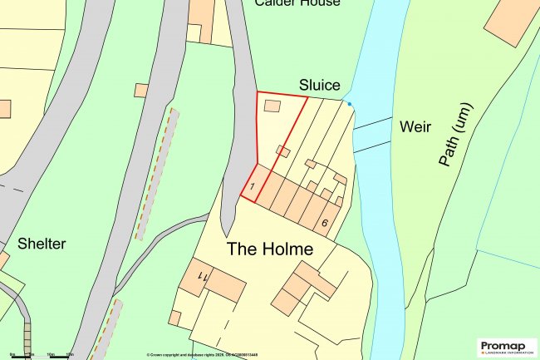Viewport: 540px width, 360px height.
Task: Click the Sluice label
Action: coord(319,85)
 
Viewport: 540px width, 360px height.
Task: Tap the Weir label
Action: coord(415,126)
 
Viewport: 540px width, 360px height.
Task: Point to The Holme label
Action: coord(270,249)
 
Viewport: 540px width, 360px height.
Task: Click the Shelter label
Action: coord(42,244)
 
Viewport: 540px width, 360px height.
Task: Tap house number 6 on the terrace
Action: coord(324,222)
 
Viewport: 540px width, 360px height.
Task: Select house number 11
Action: coord(200,274)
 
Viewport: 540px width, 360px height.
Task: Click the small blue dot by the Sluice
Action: coord(350,104)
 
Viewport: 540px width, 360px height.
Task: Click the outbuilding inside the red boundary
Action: coord(272,106)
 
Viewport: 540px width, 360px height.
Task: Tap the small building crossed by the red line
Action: coord(283,152)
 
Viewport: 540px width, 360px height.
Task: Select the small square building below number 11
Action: coord(174,318)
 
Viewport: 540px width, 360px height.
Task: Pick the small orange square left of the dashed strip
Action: coord(141,90)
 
